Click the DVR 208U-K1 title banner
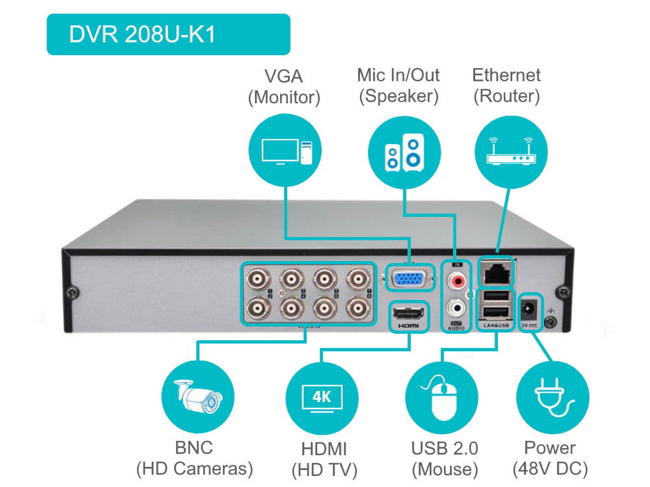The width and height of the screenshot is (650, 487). pos(167,34)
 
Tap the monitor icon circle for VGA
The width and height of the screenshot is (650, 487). pos(285,150)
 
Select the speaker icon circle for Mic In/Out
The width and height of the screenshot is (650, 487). pos(404,150)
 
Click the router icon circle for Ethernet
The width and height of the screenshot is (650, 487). pos(510,150)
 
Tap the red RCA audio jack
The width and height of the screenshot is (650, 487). pos(458,281)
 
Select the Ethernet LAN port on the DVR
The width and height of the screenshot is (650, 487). pos(497,273)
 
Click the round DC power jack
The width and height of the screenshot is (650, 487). pos(532,306)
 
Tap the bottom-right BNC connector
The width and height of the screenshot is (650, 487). pos(358,306)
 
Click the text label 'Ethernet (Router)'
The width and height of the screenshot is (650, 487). pos(506,86)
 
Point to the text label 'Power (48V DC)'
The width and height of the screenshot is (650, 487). pos(550,458)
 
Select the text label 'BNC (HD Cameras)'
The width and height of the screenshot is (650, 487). pos(194,458)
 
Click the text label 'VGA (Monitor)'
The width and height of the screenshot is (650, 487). pos(284,86)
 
